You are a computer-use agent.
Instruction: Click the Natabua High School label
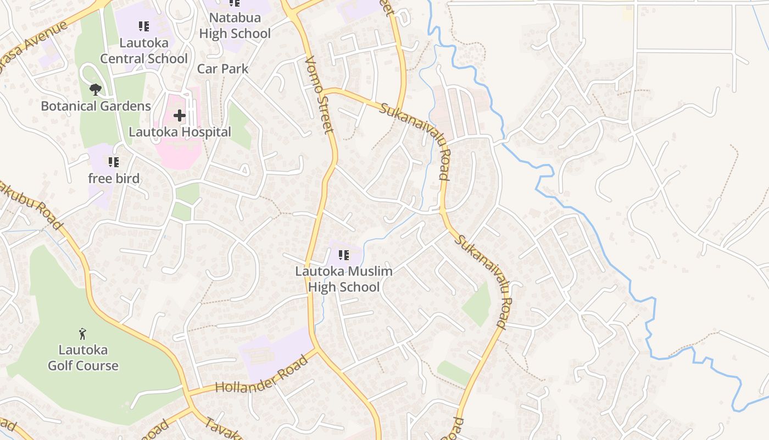click(235, 25)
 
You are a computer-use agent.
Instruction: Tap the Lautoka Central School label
click(144, 51)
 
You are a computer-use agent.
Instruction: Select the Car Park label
click(222, 69)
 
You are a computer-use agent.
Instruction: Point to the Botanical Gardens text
click(96, 106)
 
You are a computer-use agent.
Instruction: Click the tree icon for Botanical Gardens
click(95, 89)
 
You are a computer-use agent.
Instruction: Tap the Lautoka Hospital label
click(180, 132)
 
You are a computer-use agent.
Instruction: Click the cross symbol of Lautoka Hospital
click(180, 116)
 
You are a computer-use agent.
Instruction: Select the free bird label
click(114, 178)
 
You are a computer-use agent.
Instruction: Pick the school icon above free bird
click(113, 162)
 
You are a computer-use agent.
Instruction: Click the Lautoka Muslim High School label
click(344, 279)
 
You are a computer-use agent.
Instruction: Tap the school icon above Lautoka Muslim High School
click(344, 255)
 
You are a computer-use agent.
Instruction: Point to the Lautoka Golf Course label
click(83, 358)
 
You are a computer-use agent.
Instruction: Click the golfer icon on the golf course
click(82, 333)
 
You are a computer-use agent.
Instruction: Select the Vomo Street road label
click(319, 95)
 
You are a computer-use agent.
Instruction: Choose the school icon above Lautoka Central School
click(143, 26)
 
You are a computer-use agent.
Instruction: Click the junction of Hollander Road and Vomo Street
click(315, 349)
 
